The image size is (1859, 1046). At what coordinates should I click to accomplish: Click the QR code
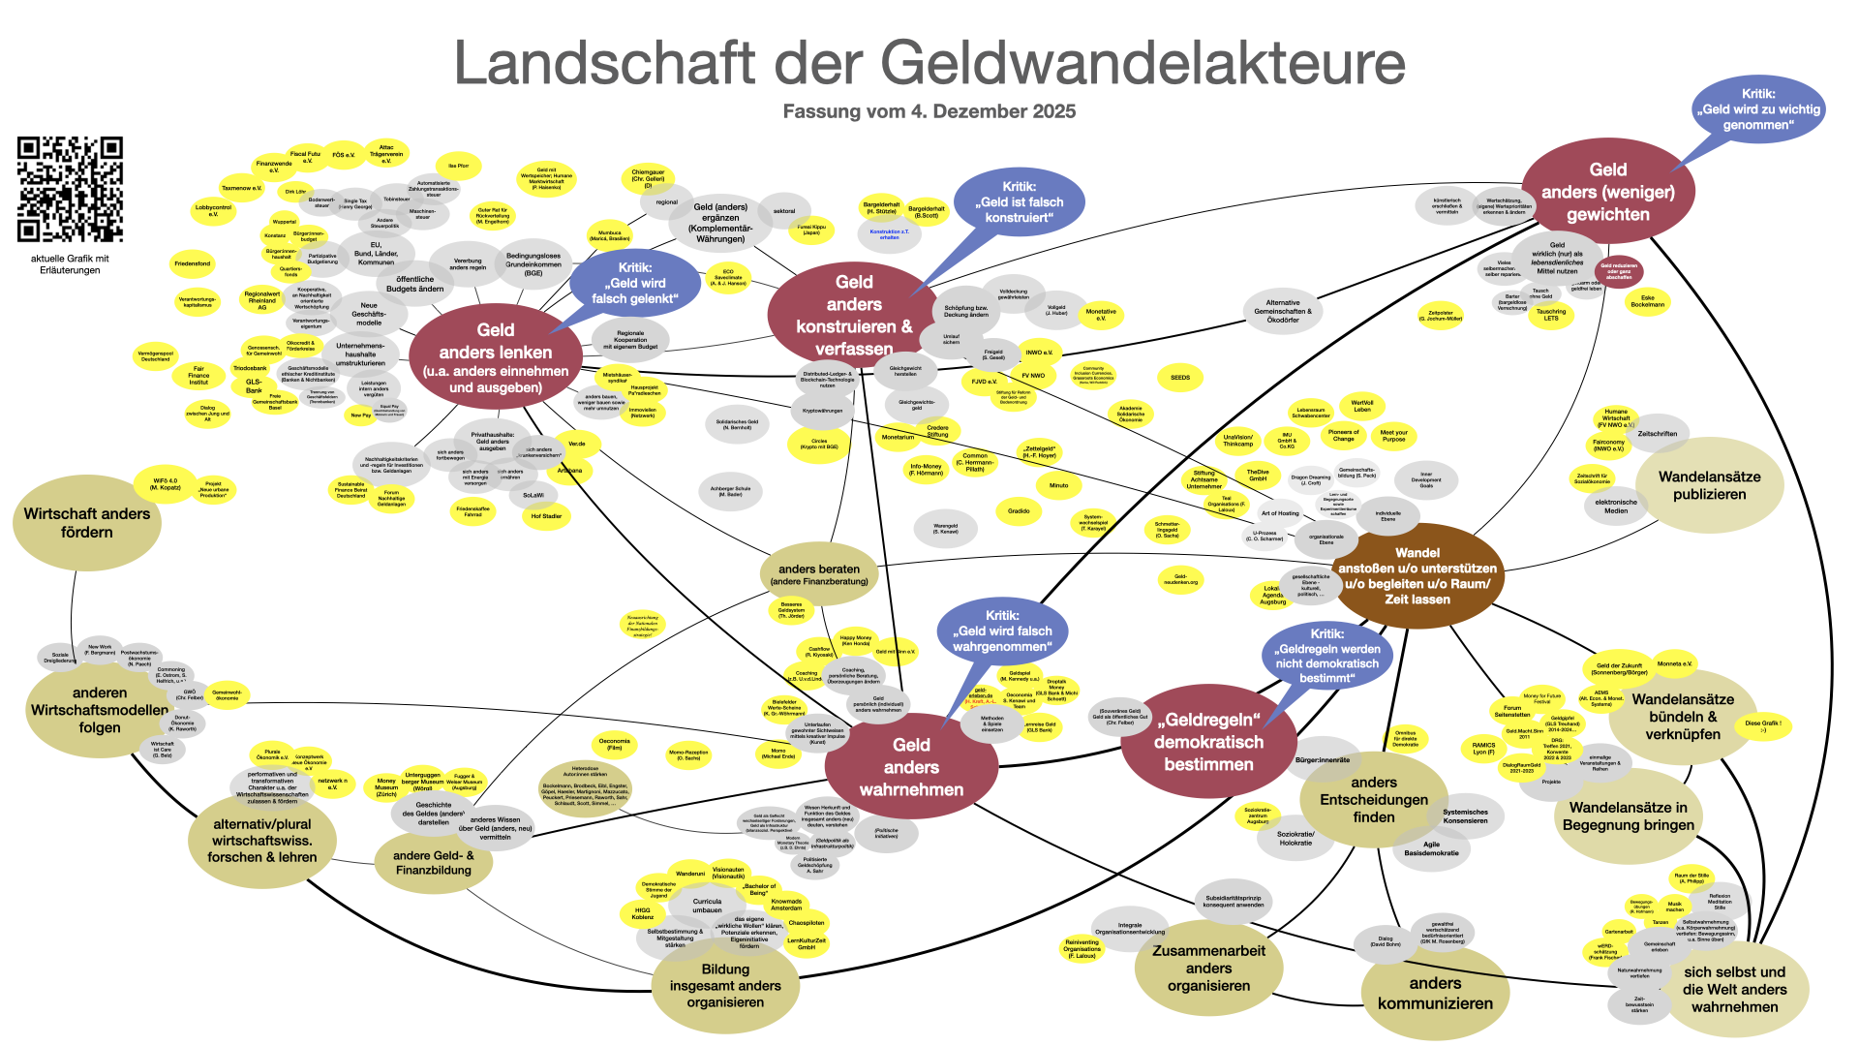71,189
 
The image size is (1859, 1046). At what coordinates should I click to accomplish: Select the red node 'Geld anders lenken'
496,357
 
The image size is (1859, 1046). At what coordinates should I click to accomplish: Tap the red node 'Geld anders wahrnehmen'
911,766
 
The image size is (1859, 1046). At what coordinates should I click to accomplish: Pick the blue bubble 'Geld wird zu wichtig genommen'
1757,109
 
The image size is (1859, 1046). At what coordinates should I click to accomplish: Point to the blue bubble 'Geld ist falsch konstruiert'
1019,201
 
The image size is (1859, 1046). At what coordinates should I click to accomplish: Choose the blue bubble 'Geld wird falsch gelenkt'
635,283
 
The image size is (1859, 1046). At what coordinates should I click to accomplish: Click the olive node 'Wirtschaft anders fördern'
87,523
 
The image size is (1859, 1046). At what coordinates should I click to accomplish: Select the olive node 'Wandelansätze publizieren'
1709,485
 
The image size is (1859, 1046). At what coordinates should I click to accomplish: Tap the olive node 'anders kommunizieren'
1435,993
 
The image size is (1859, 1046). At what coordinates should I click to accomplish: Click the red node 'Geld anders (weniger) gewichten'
1607,192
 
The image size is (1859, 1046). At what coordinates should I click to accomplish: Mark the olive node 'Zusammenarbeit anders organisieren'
1208,968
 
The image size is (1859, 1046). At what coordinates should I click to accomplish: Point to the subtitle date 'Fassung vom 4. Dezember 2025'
929,111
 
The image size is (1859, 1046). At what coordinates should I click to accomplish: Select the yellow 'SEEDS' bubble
1180,378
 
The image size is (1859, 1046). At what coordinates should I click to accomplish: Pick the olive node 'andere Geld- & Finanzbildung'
434,862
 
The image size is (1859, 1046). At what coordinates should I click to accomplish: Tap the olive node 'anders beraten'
819,574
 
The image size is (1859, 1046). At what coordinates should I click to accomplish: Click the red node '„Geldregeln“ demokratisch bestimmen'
1208,742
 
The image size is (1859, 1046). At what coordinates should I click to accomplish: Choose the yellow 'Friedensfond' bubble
192,263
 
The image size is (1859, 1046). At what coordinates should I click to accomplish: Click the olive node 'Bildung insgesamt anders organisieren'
725,985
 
